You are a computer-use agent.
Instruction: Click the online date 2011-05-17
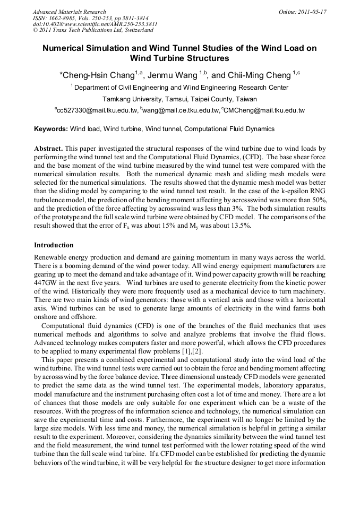pos(313,12)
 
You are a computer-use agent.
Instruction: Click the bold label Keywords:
pos(51,129)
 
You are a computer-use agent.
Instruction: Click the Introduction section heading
pos(54,245)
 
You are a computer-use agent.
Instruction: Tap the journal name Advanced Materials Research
pos(69,12)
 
